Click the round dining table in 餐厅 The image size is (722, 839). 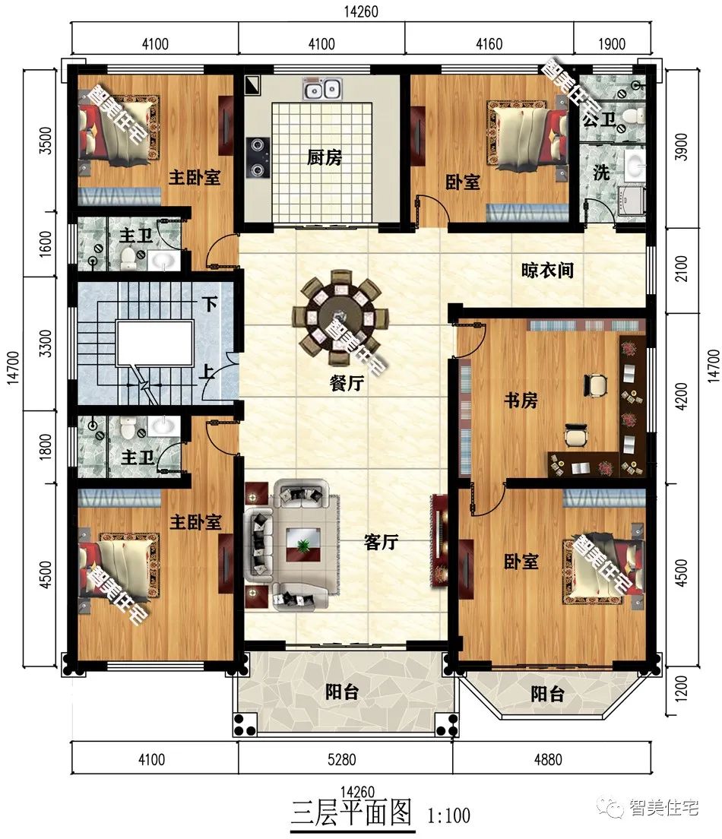pyautogui.click(x=337, y=315)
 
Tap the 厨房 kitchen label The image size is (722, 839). pyautogui.click(x=325, y=157)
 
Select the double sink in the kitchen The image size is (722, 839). pyautogui.click(x=322, y=88)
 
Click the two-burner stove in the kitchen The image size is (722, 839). pyautogui.click(x=258, y=157)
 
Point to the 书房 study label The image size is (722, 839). pyautogui.click(x=521, y=400)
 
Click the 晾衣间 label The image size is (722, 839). pyautogui.click(x=547, y=271)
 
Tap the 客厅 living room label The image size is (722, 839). pyautogui.click(x=381, y=542)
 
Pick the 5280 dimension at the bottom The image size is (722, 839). pyautogui.click(x=341, y=759)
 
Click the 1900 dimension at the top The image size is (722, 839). pyautogui.click(x=612, y=44)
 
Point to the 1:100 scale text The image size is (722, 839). pyautogui.click(x=448, y=815)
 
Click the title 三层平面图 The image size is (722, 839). pyautogui.click(x=352, y=813)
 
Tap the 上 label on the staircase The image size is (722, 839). pyautogui.click(x=207, y=372)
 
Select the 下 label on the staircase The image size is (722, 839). pyautogui.click(x=209, y=304)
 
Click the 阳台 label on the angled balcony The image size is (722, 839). pyautogui.click(x=547, y=694)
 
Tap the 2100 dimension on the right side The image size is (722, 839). pyautogui.click(x=681, y=268)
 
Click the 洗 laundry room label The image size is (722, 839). pyautogui.click(x=602, y=173)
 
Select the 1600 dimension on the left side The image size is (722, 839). pyautogui.click(x=46, y=243)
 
